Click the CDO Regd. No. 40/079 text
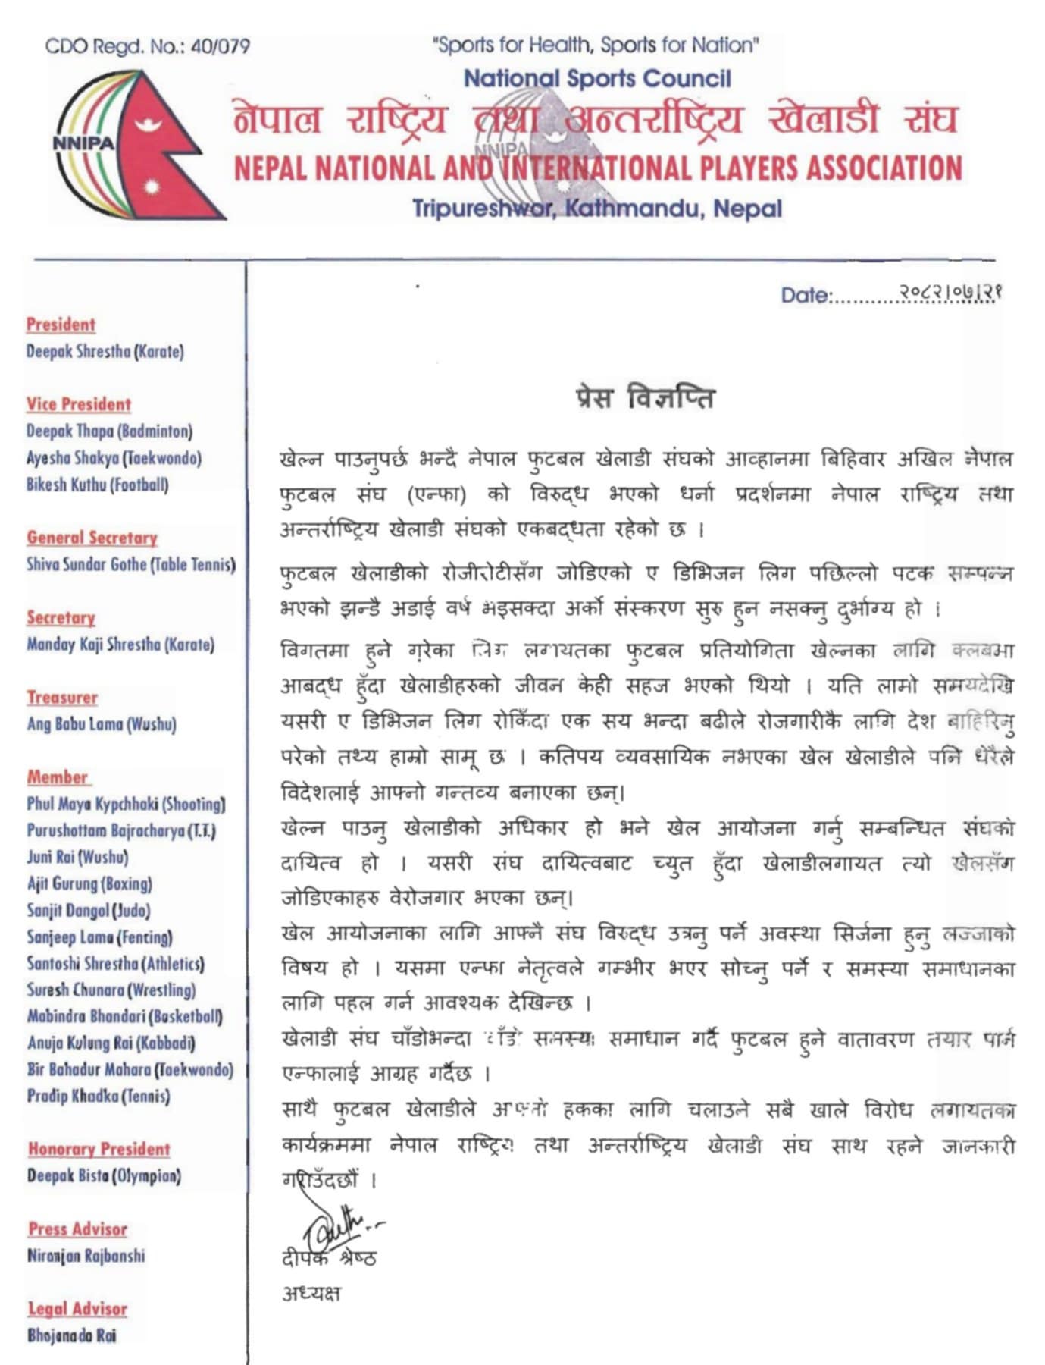(147, 47)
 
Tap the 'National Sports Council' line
(597, 78)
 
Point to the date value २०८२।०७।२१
(951, 292)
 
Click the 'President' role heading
(61, 325)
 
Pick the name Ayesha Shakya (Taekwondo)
(114, 458)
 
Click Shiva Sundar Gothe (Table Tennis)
(131, 564)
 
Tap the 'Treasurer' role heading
(62, 697)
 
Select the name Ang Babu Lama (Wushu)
(102, 723)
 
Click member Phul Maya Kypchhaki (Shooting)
(126, 804)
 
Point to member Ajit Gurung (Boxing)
(89, 883)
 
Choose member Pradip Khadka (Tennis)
(99, 1096)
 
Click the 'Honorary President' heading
(99, 1149)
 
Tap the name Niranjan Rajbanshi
(86, 1255)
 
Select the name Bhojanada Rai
(72, 1335)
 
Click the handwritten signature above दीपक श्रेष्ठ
(337, 1222)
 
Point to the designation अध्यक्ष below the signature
(311, 1293)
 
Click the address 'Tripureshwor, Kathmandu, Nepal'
(596, 209)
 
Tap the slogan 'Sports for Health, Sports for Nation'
(596, 45)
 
